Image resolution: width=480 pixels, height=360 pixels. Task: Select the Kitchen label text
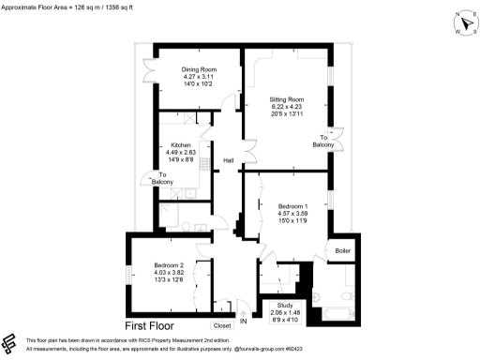click(x=181, y=146)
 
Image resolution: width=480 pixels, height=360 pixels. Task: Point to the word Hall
click(x=228, y=161)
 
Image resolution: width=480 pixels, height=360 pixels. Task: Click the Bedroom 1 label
click(x=292, y=205)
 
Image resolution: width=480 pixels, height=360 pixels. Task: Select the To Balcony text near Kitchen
click(x=163, y=178)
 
